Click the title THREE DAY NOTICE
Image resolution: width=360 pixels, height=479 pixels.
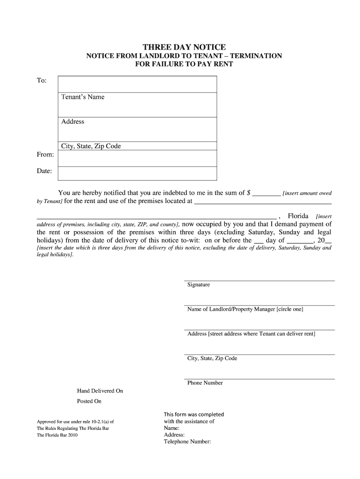point(184,47)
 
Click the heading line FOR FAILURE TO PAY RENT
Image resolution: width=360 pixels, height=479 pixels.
point(184,64)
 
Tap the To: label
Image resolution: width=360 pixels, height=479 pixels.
point(42,80)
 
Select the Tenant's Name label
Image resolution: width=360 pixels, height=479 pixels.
point(83,97)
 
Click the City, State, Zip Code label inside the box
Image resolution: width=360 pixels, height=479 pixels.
point(91,146)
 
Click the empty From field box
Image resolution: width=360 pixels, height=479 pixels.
point(137,158)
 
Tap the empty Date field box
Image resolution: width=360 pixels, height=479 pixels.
point(137,173)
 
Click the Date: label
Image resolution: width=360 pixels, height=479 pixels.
point(44,171)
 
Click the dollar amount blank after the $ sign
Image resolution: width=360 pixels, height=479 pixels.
point(266,193)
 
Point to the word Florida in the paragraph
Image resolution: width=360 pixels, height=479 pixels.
point(298,216)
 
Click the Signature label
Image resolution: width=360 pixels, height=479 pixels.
point(199,285)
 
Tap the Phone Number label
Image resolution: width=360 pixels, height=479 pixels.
point(205,383)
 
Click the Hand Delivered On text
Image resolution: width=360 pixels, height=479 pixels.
point(100,391)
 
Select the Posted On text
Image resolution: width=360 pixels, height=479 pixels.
point(89,401)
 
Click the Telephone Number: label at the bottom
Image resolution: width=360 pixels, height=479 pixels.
point(187,441)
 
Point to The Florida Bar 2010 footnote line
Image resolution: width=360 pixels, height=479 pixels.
point(57,435)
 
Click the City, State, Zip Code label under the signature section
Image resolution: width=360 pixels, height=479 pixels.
point(212,358)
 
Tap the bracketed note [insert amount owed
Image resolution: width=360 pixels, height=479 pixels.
point(307,193)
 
